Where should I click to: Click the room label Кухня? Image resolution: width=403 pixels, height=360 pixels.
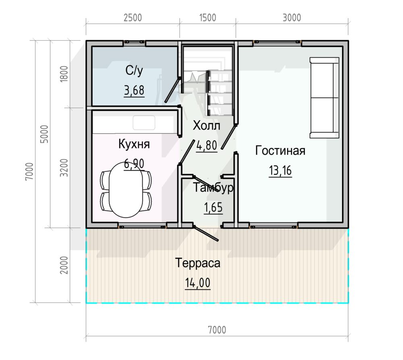coord(134,144)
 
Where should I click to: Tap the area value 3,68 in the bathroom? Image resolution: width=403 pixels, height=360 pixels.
coord(134,91)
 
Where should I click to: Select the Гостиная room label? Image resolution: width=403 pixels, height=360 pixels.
coord(280,151)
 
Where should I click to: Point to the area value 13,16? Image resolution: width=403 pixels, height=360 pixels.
coord(280,170)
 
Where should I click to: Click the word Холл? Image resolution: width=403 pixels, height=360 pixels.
coord(207,126)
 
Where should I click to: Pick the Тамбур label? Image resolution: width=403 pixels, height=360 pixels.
coord(213,188)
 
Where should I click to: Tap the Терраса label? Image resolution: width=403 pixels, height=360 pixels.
coord(197,263)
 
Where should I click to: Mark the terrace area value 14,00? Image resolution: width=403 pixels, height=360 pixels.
coord(197,283)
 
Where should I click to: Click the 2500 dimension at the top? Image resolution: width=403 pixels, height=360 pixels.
coord(133,18)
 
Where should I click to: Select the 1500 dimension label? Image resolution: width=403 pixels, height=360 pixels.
coord(208,18)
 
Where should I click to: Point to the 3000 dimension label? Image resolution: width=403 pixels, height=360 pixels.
coord(292,18)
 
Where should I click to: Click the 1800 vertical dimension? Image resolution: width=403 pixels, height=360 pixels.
coord(64,74)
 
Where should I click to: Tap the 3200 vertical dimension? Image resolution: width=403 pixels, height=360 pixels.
coord(64,168)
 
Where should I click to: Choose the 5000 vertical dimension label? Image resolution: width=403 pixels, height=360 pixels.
coord(44,134)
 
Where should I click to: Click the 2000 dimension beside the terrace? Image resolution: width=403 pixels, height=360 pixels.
coord(64,265)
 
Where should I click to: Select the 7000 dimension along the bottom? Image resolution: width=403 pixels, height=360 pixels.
coord(217,330)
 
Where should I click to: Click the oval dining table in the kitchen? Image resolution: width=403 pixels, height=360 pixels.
coord(126,189)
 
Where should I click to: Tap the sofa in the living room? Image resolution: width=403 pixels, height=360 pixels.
coord(324,98)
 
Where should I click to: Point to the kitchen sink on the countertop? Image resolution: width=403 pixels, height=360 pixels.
coord(144,123)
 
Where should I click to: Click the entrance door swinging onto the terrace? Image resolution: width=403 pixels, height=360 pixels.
coord(206,233)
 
